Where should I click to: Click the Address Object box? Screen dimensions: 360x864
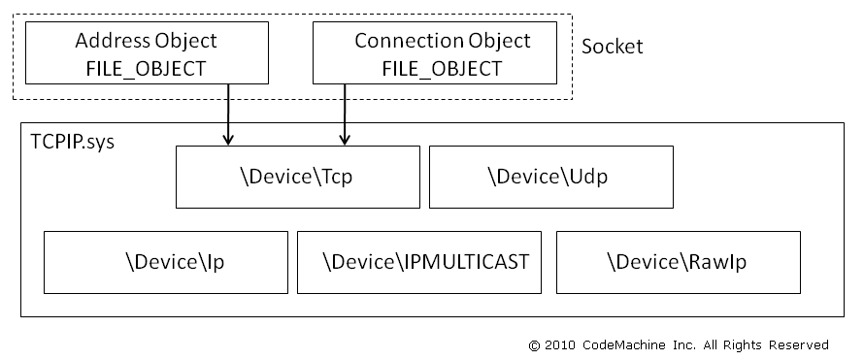[x=146, y=53]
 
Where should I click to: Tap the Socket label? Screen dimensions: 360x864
[x=612, y=47]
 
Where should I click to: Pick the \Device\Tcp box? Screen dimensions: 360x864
[x=298, y=177]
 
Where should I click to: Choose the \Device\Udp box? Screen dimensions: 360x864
[x=551, y=177]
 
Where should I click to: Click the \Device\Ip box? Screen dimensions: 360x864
[x=166, y=262]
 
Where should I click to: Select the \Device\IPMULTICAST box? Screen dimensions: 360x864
[x=419, y=262]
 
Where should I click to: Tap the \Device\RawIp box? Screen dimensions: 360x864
[x=678, y=262]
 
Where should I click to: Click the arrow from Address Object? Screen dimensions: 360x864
[x=228, y=115]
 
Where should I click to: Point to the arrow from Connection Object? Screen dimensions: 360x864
[x=345, y=115]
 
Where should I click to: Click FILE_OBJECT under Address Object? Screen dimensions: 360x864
[x=146, y=69]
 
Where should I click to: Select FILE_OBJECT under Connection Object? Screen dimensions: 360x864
[x=442, y=69]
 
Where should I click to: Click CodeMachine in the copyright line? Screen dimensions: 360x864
[x=622, y=344]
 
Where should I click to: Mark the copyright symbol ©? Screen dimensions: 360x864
[x=533, y=344]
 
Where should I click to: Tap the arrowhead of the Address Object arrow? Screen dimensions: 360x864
[x=228, y=140]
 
